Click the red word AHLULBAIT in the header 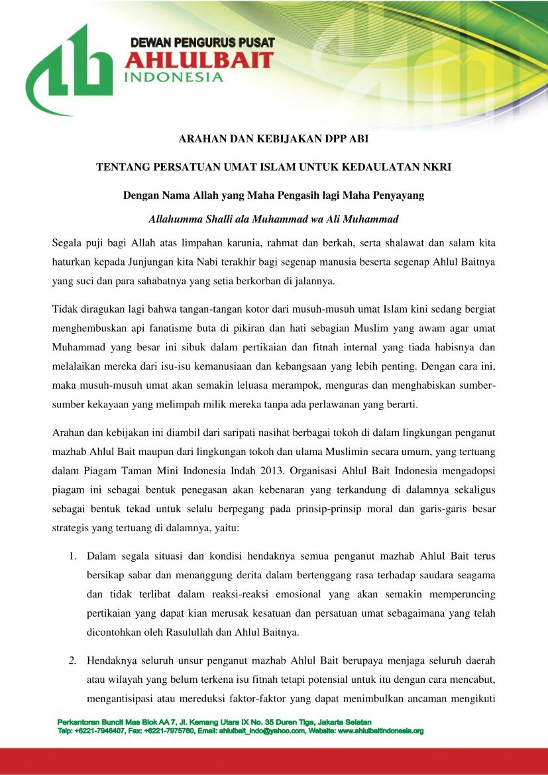pos(199,61)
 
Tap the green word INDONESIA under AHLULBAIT pos(174,77)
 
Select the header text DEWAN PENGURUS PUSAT pos(203,43)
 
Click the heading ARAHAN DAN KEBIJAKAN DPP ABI pos(274,139)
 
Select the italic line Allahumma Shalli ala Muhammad pos(274,219)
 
